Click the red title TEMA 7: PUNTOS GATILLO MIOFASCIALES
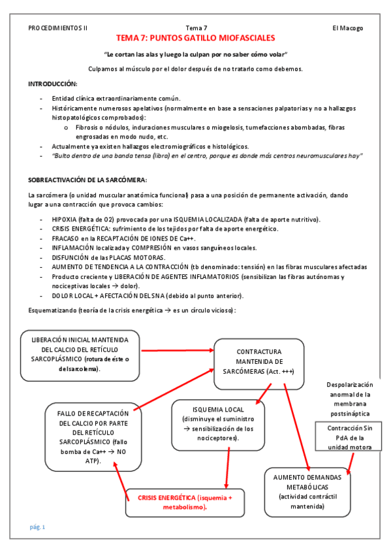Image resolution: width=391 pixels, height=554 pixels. (195, 39)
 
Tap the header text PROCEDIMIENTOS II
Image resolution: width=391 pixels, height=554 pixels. (58, 28)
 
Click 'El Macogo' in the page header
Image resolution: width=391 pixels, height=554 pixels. (347, 28)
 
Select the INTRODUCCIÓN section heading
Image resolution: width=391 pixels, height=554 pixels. (52, 84)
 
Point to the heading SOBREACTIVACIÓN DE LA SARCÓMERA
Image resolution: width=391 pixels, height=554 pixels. (88, 180)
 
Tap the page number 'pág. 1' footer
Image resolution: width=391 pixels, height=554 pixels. (37, 527)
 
